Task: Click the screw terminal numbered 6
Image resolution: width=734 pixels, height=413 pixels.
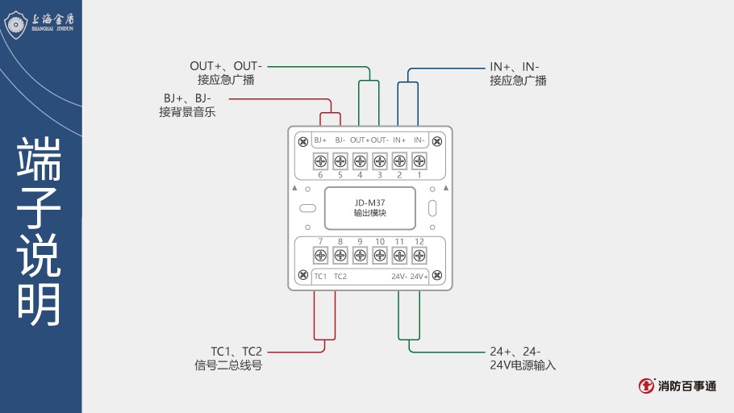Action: tap(320, 161)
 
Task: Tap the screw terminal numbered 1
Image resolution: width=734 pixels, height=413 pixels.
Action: tap(419, 161)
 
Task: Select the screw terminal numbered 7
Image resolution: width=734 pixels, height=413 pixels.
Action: tap(320, 256)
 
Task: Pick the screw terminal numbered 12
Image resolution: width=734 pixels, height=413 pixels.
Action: tap(419, 256)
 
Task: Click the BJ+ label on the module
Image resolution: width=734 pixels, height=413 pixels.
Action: tap(320, 140)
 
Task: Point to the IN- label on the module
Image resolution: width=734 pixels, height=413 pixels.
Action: tap(419, 140)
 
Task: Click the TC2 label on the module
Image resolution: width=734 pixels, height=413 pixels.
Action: tap(340, 277)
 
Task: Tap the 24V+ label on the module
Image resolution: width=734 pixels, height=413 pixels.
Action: tap(419, 277)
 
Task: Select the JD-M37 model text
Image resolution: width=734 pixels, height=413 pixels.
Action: tap(370, 202)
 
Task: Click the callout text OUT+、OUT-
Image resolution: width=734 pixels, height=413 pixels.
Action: tap(227, 66)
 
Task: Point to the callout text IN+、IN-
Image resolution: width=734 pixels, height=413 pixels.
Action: tap(514, 66)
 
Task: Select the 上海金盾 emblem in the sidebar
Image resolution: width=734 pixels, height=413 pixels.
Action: tap(17, 23)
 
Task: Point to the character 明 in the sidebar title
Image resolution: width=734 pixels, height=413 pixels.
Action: tap(40, 304)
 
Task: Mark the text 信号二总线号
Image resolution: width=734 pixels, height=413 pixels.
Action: tap(228, 365)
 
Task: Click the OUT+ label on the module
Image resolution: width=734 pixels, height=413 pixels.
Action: tap(360, 140)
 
